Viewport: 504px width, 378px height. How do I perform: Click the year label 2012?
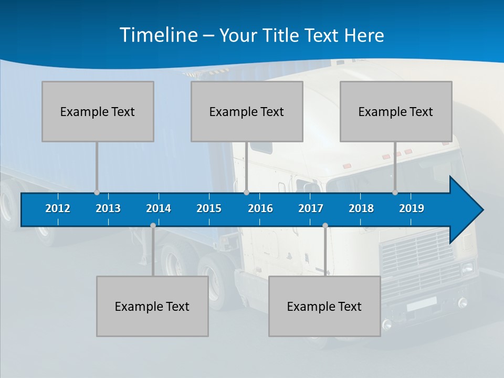tap(58, 208)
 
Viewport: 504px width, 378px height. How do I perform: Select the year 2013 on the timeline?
tap(108, 208)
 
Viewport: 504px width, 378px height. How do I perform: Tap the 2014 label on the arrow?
tap(159, 208)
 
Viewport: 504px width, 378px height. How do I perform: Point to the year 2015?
tap(209, 208)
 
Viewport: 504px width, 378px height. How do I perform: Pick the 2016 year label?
tap(260, 208)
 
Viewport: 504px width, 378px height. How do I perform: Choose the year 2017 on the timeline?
tap(311, 208)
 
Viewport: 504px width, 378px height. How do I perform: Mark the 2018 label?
tap(361, 208)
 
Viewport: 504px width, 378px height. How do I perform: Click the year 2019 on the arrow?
tap(412, 208)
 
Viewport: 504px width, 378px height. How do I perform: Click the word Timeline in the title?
tap(158, 35)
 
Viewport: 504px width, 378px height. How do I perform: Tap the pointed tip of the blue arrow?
tap(482, 210)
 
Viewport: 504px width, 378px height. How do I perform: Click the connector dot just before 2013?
tap(97, 192)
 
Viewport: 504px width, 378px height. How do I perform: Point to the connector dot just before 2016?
tap(246, 192)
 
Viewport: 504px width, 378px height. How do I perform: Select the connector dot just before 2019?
tap(395, 192)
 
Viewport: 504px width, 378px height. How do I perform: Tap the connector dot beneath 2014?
tap(153, 226)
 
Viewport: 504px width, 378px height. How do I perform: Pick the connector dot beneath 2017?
tap(325, 226)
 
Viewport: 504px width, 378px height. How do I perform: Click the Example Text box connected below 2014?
tap(152, 306)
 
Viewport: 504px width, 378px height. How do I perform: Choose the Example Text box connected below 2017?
tap(324, 306)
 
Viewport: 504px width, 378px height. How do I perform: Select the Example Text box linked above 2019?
tap(396, 111)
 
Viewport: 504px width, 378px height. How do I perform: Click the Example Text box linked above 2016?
tap(247, 111)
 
